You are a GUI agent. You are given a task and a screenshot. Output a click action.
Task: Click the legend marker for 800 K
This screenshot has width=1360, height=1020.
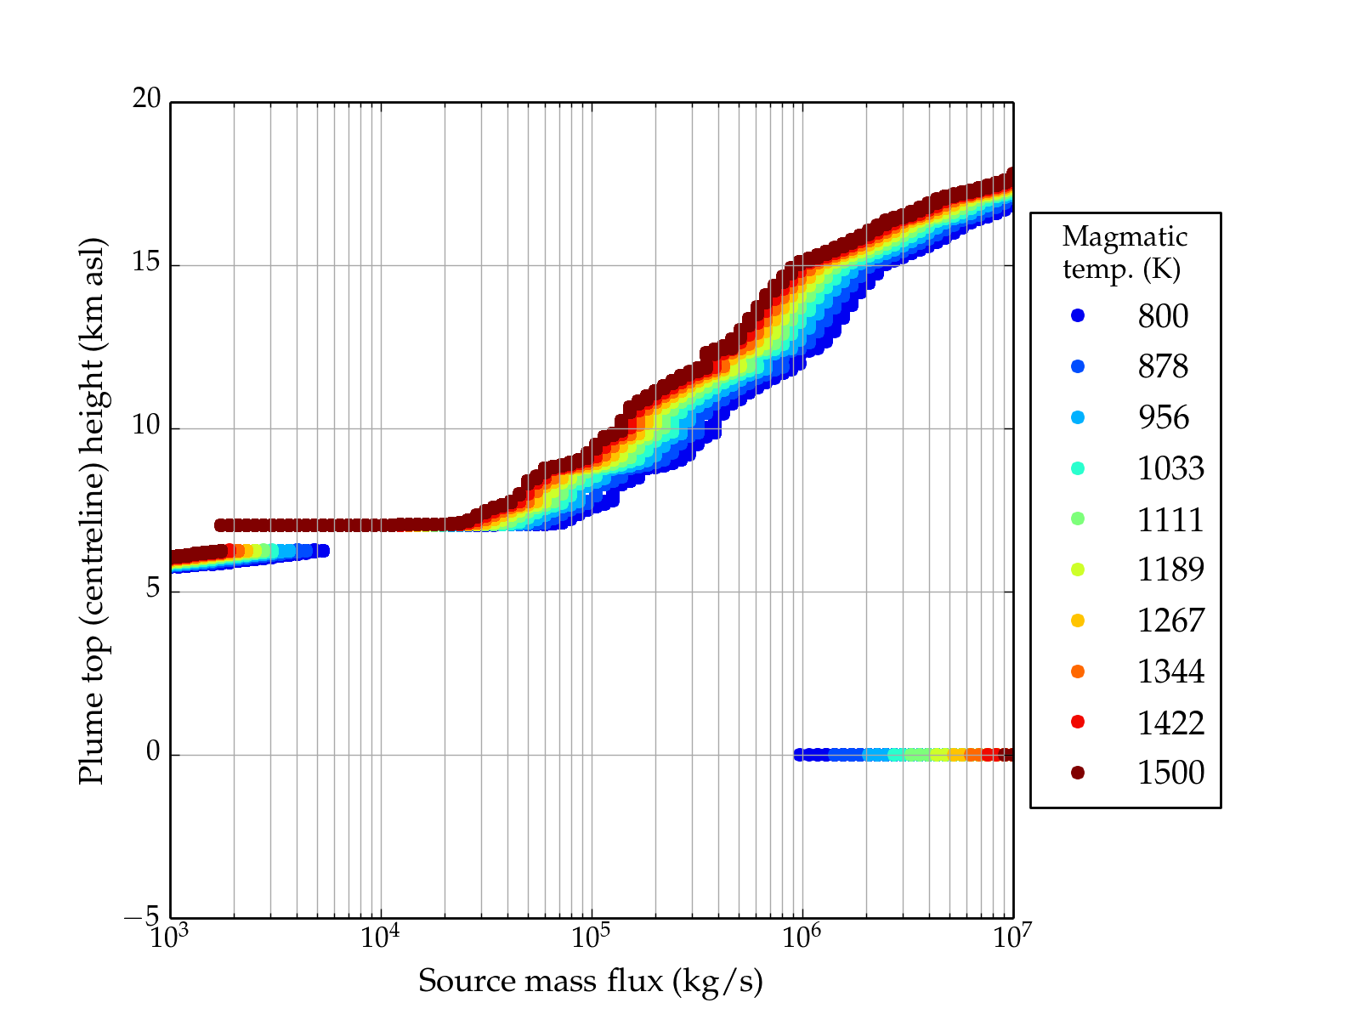click(1078, 315)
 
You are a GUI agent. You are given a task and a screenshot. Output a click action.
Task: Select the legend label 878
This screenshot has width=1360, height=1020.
click(1163, 366)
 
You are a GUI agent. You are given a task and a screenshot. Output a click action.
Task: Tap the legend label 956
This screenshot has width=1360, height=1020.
click(1163, 417)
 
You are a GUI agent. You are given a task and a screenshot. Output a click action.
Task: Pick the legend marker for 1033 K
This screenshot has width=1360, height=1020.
click(1078, 468)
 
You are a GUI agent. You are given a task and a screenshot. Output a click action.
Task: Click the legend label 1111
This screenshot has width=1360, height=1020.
click(1170, 519)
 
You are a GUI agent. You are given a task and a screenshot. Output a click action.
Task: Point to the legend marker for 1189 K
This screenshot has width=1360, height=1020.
click(1078, 569)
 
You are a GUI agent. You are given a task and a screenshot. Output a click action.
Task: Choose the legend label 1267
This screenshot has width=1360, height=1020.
click(1170, 620)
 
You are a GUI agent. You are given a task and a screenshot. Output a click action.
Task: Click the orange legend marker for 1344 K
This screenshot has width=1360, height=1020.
click(1078, 671)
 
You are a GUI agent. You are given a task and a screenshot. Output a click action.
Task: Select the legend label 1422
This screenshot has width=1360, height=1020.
click(1170, 722)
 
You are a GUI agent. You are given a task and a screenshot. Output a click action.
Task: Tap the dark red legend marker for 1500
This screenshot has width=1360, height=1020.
click(1078, 772)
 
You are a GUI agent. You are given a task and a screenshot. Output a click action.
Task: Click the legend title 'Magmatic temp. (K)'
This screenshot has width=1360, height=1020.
click(1124, 252)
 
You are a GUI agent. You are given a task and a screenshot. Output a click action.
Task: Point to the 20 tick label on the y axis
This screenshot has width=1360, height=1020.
click(146, 99)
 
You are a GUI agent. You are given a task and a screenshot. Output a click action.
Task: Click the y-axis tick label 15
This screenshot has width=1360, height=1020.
click(146, 263)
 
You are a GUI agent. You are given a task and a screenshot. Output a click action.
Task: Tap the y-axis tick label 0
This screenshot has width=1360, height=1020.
click(153, 752)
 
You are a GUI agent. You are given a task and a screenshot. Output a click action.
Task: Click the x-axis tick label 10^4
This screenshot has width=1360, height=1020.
click(380, 937)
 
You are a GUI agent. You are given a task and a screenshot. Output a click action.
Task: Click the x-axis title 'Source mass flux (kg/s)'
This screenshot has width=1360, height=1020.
click(591, 981)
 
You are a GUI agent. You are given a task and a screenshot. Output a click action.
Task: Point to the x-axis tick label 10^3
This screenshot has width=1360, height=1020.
click(170, 937)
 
